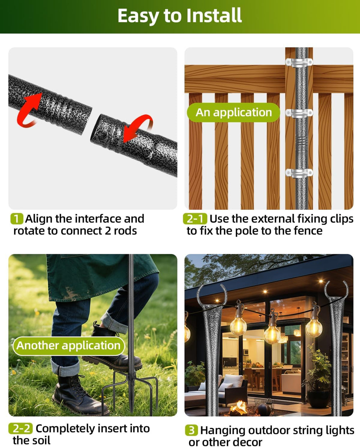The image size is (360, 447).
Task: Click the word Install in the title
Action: click(214, 15)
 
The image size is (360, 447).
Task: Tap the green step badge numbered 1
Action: click(17, 219)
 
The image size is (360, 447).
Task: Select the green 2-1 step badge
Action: click(195, 219)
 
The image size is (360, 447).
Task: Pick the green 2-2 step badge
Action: click(21, 428)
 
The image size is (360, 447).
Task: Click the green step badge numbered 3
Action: click(191, 430)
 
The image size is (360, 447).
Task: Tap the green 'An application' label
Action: click(233, 112)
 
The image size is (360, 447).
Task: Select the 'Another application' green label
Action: click(69, 346)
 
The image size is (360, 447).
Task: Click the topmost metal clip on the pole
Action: click(299, 62)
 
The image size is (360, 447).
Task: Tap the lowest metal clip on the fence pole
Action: click(299, 173)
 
